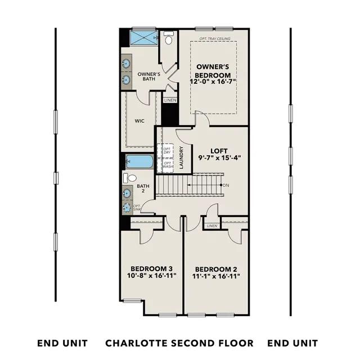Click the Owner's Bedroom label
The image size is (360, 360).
coord(213,71)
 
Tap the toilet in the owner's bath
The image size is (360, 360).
coord(169,38)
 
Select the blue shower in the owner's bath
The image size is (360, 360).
coord(144,37)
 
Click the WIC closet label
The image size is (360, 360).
coord(139,121)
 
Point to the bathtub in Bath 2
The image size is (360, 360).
coord(139,161)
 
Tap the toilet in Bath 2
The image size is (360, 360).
coord(130,178)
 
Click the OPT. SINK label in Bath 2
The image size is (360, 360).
coord(137,208)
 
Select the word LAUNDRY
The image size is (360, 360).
coord(181,157)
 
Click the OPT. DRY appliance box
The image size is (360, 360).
coord(165,151)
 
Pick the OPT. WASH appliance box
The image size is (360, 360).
coord(165,165)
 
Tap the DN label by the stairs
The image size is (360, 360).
coord(226,185)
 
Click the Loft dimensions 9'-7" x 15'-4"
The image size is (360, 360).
coord(219,158)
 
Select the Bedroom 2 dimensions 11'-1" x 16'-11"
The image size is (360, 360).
coord(216,276)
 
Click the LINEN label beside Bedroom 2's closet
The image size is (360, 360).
coord(212,226)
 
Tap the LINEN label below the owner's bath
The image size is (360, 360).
coord(170,100)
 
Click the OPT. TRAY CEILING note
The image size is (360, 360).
coord(215,39)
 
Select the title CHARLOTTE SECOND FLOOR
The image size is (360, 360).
coord(179,343)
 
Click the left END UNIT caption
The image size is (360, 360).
coord(62,344)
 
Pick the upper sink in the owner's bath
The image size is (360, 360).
coord(126,62)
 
